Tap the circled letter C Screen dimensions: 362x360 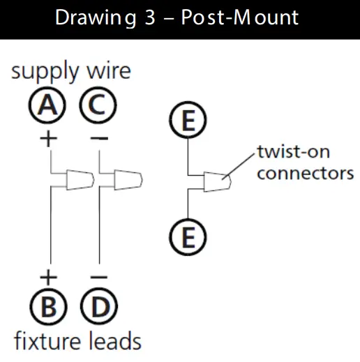pos(98,107)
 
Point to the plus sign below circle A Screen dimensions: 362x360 pos(47,138)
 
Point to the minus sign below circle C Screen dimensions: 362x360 pos(99,138)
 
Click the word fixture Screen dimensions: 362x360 pos(47,341)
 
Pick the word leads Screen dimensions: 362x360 pos(114,341)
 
